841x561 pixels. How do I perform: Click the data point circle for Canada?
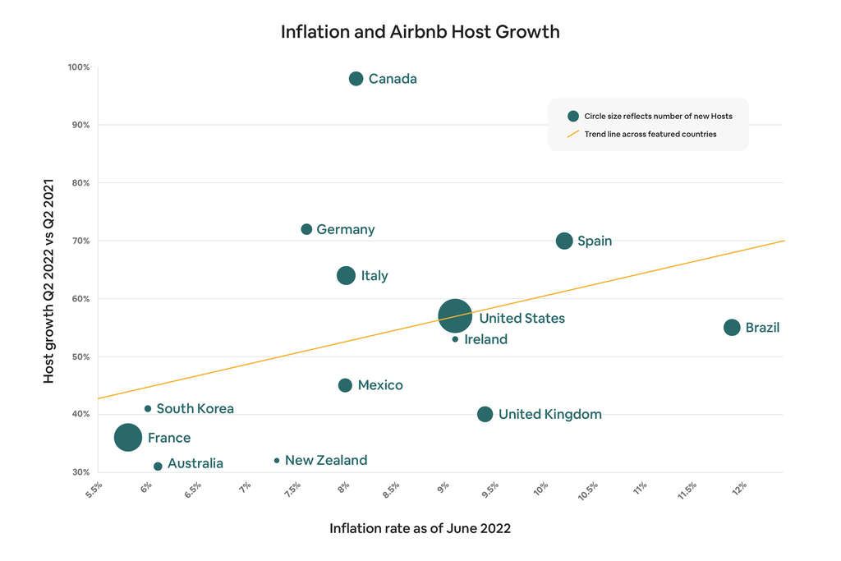tap(356, 79)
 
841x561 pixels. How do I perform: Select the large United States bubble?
tap(455, 315)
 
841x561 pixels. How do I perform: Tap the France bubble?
tap(128, 438)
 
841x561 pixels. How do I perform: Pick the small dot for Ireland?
tap(455, 339)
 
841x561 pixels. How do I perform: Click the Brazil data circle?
tap(732, 327)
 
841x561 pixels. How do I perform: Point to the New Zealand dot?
tap(277, 461)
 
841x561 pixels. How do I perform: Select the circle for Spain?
tap(564, 241)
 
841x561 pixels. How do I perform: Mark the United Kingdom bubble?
tap(485, 414)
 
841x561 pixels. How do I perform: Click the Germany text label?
tap(345, 229)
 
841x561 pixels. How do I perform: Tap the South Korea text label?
tap(195, 408)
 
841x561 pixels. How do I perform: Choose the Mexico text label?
tap(380, 385)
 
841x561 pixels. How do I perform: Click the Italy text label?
tap(375, 276)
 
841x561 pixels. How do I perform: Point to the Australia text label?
tap(195, 463)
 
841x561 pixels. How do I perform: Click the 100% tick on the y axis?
tap(79, 67)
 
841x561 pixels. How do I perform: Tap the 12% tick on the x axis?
tap(739, 487)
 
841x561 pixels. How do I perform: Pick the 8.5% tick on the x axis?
tap(392, 489)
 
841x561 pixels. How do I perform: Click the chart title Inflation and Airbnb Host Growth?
tap(420, 31)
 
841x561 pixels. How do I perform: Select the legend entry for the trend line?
tap(650, 134)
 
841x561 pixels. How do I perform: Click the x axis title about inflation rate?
tap(420, 528)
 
